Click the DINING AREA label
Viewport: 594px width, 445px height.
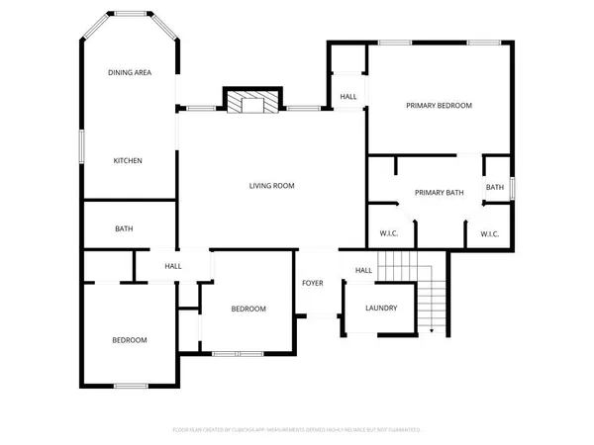point(129,73)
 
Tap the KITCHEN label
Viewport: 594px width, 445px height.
point(128,160)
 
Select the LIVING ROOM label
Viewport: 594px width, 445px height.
point(271,185)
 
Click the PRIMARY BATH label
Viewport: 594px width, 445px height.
point(439,193)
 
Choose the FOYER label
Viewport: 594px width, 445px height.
point(313,284)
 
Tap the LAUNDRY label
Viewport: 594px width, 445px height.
point(381,309)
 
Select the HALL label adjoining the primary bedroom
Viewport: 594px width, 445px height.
point(348,97)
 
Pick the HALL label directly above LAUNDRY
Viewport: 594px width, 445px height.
point(363,271)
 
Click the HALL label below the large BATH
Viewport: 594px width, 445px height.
point(173,266)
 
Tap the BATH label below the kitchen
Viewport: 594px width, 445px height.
point(124,229)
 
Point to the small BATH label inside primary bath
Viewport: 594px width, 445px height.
point(494,187)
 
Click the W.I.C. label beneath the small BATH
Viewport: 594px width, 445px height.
point(489,234)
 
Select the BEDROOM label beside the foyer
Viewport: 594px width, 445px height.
point(248,309)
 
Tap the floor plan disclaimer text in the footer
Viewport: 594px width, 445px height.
point(297,430)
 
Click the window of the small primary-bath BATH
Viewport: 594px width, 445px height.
point(511,187)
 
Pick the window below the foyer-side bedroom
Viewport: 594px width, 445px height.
point(238,353)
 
